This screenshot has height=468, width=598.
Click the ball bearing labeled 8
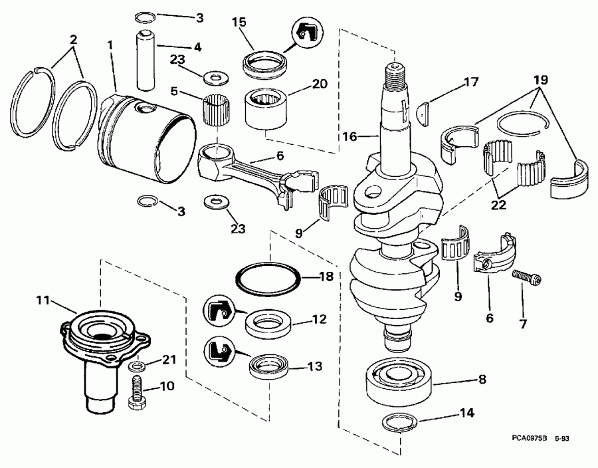(x=399, y=381)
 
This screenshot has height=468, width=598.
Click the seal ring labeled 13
(x=268, y=367)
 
